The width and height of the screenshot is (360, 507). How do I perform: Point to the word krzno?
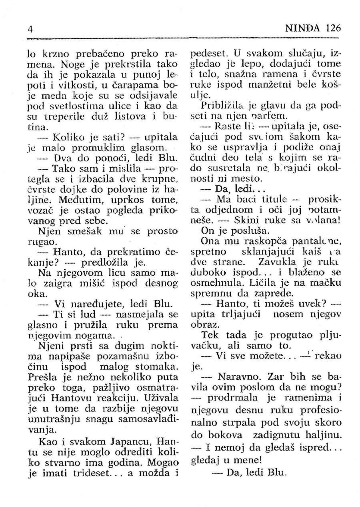[x=50, y=53]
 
